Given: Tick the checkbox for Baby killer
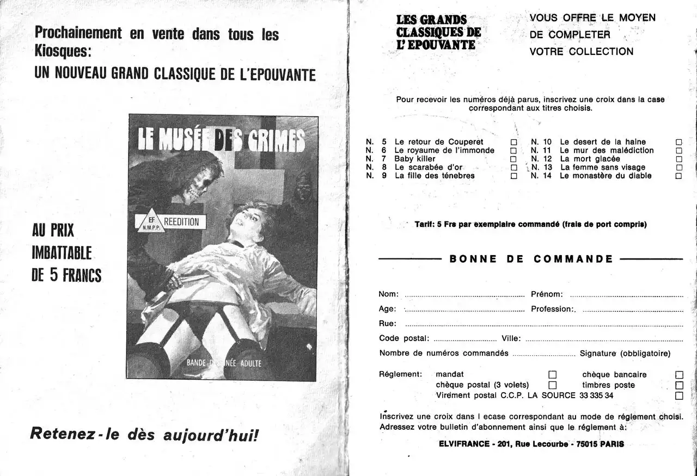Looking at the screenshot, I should (x=513, y=159).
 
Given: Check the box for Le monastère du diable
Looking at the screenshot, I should (x=678, y=176).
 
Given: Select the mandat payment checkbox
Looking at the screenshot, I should (x=552, y=374).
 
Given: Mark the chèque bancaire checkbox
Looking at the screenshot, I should (x=679, y=374).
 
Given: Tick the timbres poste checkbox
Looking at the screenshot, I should (x=679, y=385).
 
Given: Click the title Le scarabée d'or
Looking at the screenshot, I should (x=428, y=168).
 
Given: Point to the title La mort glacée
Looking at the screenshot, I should (x=590, y=159).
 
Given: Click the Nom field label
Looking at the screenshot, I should (x=388, y=294).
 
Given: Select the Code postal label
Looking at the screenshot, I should (x=404, y=338).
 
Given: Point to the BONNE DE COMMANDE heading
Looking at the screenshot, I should (x=531, y=259).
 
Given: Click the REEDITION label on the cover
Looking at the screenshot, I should (x=181, y=222).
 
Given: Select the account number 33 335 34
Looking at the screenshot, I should (x=596, y=395).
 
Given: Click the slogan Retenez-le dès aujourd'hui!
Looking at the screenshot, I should (x=144, y=435).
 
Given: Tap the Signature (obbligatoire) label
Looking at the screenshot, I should (x=625, y=354).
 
